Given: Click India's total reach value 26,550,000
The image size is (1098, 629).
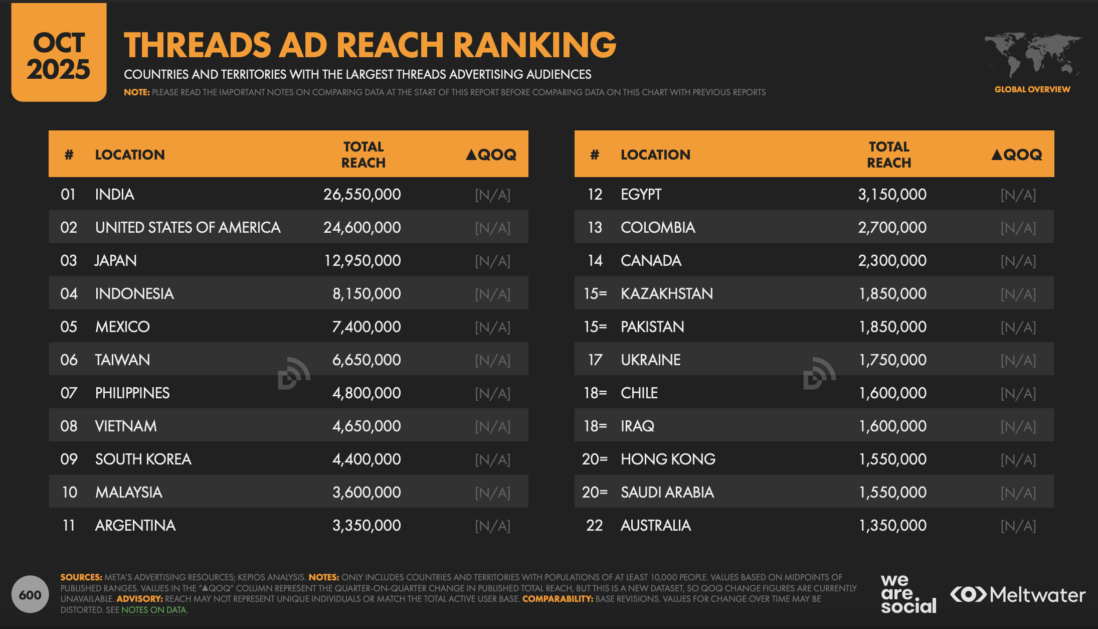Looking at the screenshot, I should pos(361,194).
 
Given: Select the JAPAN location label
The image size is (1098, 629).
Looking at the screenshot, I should pos(115,260).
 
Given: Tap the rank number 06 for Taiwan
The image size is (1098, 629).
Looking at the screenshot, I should pos(69,360).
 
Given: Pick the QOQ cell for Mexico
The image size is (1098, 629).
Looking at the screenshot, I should pos(492,327).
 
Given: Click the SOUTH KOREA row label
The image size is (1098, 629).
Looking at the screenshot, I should pos(143,459).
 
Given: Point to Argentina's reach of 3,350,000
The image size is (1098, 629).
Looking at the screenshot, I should pos(366,525).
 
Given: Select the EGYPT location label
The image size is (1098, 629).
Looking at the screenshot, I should pos(641,194).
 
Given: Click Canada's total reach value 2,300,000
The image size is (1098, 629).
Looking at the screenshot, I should pos(892,260).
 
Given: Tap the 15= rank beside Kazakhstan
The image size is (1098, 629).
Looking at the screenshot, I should pos(595,293).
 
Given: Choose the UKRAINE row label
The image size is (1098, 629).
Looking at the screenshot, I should pos(650,360).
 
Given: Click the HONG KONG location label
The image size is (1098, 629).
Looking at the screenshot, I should pos(668,459).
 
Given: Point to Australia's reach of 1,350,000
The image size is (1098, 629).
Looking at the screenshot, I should pos(892,525).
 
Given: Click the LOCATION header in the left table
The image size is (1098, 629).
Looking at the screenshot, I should pos(130,154).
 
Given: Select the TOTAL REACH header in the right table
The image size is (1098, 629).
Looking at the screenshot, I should pos(889,154).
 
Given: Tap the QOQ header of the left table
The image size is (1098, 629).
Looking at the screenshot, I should pos(491,154).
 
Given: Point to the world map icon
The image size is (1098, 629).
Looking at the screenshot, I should pos(1032,55).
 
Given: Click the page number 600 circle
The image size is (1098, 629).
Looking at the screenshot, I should pos(30,594).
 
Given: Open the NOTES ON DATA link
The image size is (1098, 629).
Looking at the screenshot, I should pos(154,610).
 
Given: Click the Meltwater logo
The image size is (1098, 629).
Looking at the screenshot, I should pos(1018,595).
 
